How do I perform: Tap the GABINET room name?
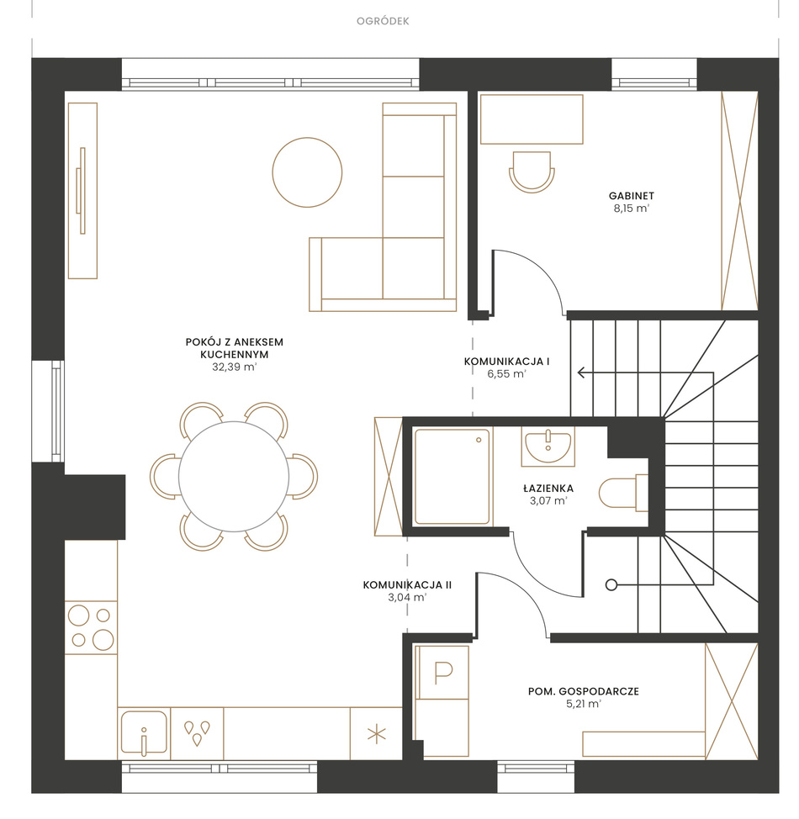632,196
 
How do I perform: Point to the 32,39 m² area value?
234,367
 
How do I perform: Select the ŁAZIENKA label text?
548,489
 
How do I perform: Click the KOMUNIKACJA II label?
407,585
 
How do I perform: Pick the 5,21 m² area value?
583,704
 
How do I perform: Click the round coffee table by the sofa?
307,172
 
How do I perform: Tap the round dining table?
234,477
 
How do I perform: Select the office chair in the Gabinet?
532,172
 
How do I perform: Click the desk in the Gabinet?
532,119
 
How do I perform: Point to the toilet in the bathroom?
623,493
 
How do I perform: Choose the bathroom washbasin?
548,446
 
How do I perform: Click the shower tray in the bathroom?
452,477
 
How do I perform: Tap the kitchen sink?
144,733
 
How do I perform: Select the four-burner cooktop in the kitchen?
91,627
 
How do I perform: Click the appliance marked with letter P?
442,673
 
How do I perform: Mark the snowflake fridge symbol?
376,734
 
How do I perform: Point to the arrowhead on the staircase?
581,373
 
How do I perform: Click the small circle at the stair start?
611,585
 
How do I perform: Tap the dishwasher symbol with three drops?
197,733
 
